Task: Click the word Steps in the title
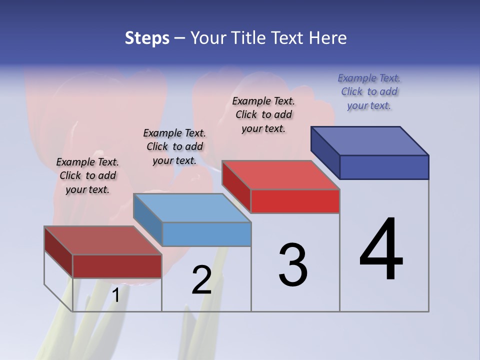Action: click(x=147, y=38)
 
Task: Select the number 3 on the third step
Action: click(x=292, y=265)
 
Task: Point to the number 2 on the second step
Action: click(x=201, y=280)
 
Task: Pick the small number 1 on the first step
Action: click(x=115, y=295)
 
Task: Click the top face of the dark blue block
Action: click(x=370, y=140)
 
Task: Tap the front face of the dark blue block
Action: click(x=384, y=167)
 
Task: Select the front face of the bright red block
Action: click(x=295, y=201)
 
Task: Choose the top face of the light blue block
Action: click(x=192, y=208)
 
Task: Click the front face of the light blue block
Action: click(x=206, y=234)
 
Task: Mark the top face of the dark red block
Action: click(x=103, y=240)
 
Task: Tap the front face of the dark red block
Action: click(x=117, y=266)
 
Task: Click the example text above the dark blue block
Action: click(x=369, y=92)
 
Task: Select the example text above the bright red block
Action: click(x=263, y=114)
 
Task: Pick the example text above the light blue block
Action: click(x=174, y=146)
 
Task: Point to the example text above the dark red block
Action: click(x=87, y=175)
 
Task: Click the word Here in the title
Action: click(x=328, y=38)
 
